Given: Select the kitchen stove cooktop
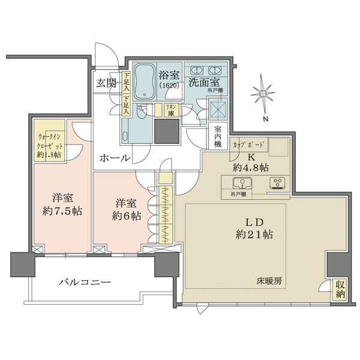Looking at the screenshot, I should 277,183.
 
